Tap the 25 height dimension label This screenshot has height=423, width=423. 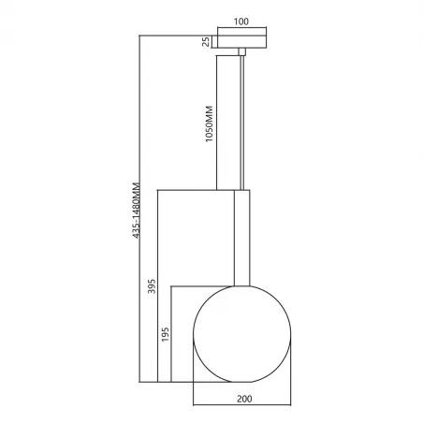pos(205,40)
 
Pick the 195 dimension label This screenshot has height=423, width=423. pos(166,334)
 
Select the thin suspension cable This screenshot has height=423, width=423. pos(243,122)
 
